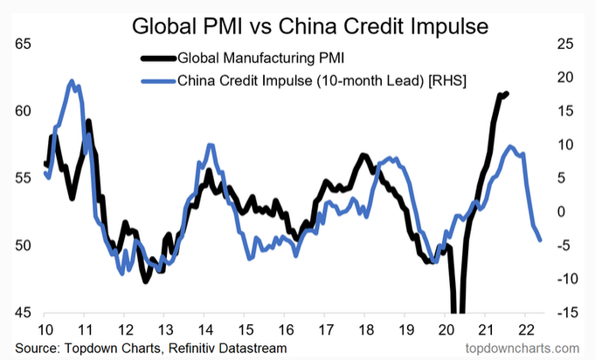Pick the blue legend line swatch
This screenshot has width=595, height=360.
point(158,81)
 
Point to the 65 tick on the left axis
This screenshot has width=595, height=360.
point(24,44)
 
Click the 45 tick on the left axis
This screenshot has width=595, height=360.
point(24,312)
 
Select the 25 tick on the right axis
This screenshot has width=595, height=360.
point(564,44)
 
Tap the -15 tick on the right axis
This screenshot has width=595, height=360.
point(564,312)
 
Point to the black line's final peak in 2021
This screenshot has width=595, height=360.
point(507,93)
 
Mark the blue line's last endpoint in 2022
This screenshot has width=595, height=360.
point(540,240)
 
